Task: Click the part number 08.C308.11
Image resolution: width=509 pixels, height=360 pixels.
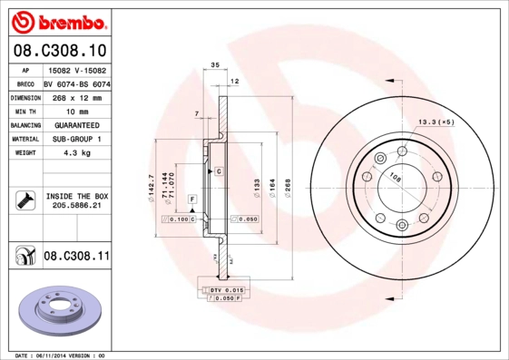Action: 76,258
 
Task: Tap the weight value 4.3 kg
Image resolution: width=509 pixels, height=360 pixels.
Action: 76,153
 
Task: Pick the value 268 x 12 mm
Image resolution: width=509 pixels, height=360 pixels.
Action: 76,96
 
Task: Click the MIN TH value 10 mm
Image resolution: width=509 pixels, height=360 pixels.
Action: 76,110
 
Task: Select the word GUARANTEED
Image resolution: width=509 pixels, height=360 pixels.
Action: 76,124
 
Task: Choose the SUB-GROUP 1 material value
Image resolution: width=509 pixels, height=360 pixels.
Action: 76,139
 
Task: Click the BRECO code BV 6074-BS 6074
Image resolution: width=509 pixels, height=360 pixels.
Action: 77,83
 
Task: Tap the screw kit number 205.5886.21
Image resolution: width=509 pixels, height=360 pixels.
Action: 76,206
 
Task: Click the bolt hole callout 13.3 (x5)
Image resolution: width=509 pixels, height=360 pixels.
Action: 435,121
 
